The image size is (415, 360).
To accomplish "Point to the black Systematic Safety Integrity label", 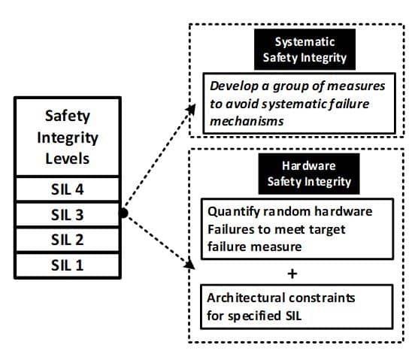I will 304,49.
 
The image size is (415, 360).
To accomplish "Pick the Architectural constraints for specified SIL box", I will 298,307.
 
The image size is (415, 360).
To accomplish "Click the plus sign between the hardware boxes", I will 293,272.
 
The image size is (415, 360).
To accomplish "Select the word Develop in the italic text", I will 234,86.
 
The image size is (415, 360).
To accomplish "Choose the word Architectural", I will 243,298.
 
